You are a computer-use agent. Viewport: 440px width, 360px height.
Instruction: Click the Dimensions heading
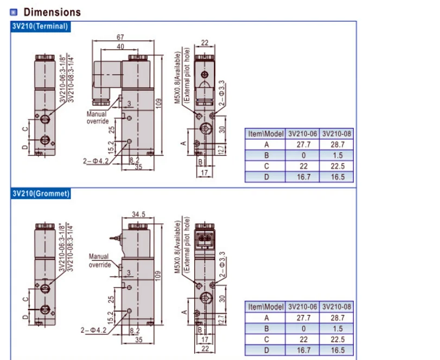[52, 12]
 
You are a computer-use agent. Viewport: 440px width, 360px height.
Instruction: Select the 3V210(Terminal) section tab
[40, 27]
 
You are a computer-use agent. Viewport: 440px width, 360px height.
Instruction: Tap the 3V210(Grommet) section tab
[40, 194]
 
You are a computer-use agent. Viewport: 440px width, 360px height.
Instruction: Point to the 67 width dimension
[120, 37]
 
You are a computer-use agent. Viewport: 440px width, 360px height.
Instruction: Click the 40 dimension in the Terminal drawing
[120, 46]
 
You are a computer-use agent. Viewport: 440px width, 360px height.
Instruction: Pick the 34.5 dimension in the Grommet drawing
[139, 214]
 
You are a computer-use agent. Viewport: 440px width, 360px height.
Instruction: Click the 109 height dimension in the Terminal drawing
[159, 104]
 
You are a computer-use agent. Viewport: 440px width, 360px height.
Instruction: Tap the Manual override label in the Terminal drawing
[97, 118]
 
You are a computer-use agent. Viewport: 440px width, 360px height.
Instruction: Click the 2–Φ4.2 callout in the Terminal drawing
[95, 161]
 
